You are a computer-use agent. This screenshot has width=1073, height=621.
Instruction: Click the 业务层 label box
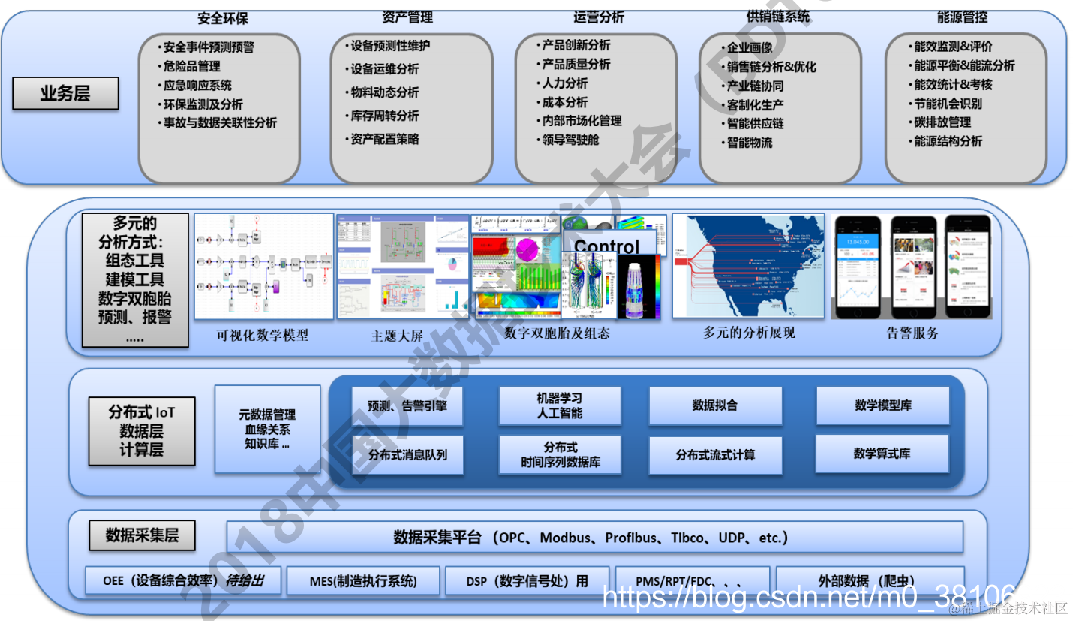click(65, 95)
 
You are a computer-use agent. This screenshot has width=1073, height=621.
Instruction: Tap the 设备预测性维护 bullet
click(390, 46)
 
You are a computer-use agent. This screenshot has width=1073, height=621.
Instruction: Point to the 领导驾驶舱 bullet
click(570, 140)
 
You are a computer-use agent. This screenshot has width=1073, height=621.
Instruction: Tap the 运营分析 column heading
click(599, 17)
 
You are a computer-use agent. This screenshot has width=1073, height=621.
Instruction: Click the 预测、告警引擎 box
click(407, 406)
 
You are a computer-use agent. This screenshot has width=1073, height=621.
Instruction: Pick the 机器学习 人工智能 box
click(560, 406)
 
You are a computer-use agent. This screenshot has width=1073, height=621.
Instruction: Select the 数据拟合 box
click(714, 405)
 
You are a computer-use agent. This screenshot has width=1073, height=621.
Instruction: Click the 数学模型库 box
click(882, 405)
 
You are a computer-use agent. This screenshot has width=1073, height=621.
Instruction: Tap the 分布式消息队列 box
click(407, 454)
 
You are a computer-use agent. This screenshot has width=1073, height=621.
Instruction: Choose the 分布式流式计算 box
click(715, 454)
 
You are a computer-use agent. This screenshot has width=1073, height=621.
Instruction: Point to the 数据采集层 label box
click(142, 535)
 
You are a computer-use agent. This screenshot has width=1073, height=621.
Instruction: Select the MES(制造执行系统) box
click(363, 581)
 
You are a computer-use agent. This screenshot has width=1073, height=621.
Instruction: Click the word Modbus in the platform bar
click(568, 538)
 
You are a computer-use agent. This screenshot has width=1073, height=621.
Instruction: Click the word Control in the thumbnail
click(606, 246)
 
